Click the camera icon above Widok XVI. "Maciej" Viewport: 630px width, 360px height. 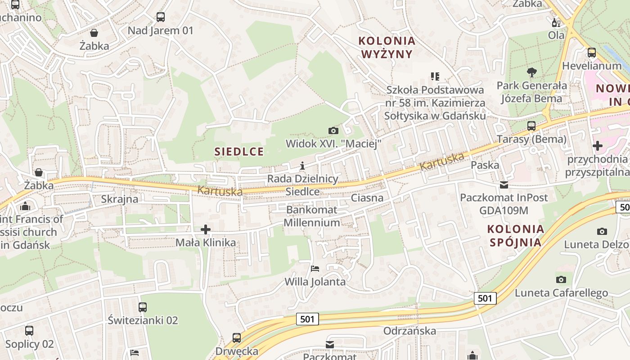click(x=333, y=130)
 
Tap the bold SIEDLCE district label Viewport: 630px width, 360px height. click(x=239, y=151)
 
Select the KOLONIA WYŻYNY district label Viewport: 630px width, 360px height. click(x=387, y=47)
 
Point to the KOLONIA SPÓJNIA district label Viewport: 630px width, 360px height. click(x=516, y=235)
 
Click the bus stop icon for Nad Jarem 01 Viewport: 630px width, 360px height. click(x=161, y=17)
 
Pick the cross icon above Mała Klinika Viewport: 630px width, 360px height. click(x=206, y=229)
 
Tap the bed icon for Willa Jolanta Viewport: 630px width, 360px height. click(x=315, y=269)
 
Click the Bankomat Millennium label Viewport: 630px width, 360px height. click(x=311, y=216)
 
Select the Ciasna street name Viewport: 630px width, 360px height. click(x=367, y=198)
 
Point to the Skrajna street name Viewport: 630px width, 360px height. click(x=120, y=199)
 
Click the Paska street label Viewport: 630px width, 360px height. click(x=485, y=165)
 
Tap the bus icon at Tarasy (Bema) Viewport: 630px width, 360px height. click(x=531, y=126)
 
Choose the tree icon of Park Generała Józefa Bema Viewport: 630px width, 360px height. click(x=532, y=72)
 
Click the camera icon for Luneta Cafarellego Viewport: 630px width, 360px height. click(x=561, y=279)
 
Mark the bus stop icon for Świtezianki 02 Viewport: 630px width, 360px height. click(x=143, y=307)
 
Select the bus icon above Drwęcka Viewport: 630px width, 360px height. click(x=237, y=337)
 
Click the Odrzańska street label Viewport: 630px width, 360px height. click(x=409, y=331)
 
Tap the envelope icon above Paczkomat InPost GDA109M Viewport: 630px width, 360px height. click(x=504, y=184)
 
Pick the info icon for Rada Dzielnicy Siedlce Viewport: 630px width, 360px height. click(x=302, y=166)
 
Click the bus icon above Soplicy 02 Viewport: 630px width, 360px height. click(x=29, y=331)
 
